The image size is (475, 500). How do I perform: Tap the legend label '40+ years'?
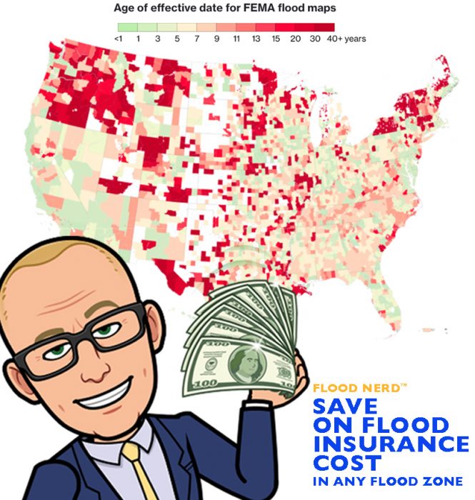(x=346, y=39)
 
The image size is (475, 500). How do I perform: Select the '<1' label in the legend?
(x=119, y=39)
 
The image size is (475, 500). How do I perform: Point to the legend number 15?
(x=275, y=39)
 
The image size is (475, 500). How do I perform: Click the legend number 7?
(x=196, y=39)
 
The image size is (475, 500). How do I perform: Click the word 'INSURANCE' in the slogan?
(x=391, y=443)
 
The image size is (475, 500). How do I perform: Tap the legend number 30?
(x=314, y=39)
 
